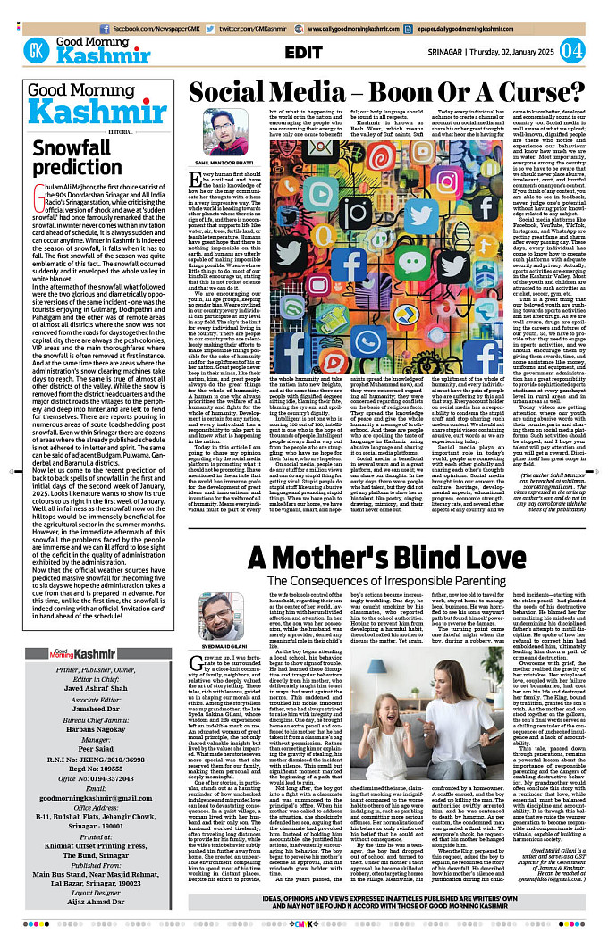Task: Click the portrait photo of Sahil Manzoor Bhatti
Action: click(225, 130)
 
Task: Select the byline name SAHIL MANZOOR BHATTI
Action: click(225, 162)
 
